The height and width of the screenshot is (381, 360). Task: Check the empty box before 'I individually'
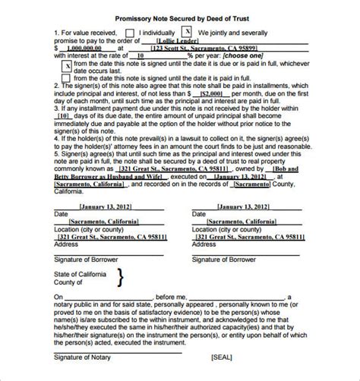click(x=131, y=33)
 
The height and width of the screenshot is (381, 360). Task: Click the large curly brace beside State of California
click(x=119, y=279)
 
